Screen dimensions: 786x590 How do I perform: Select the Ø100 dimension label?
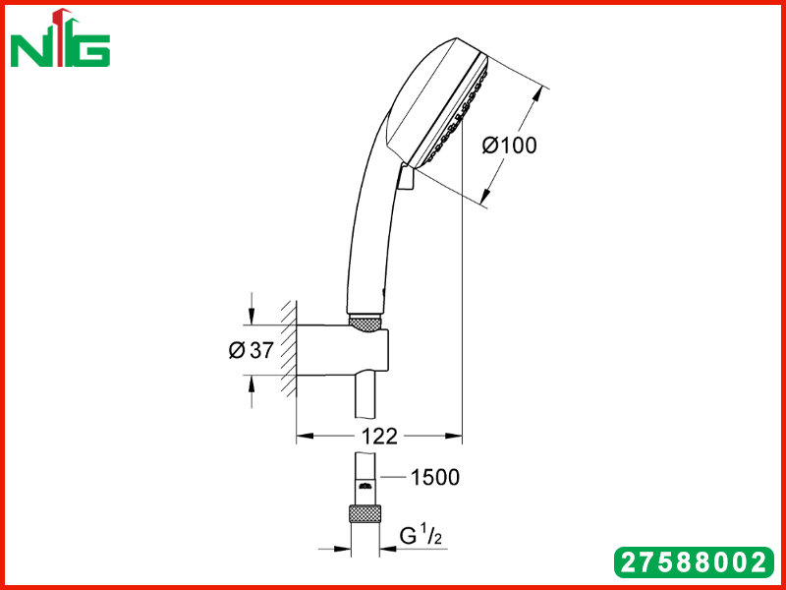(x=509, y=146)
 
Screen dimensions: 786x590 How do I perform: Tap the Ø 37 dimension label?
(x=252, y=350)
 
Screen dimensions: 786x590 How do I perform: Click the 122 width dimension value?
(x=379, y=437)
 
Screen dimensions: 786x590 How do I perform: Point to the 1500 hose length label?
(x=434, y=478)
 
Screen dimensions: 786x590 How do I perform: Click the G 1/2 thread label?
(x=421, y=537)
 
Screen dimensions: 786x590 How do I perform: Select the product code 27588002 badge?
(x=695, y=561)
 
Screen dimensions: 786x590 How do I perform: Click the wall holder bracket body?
(x=342, y=351)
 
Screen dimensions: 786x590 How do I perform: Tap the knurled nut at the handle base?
(x=365, y=323)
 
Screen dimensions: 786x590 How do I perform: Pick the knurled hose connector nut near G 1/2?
(x=365, y=514)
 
